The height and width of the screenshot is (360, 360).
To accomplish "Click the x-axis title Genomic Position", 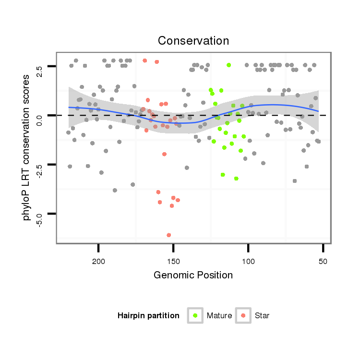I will coord(193,275).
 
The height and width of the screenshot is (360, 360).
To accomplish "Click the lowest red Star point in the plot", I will coord(169,235).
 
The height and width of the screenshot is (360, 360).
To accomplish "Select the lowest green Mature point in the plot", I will coord(236,179).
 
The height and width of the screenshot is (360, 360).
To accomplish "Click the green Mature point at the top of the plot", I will coord(229,65).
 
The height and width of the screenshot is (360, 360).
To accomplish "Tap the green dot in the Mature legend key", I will coord(195,315).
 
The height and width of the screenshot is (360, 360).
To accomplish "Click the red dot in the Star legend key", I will coord(243,315).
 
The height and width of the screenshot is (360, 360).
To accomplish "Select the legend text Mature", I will coord(219,315).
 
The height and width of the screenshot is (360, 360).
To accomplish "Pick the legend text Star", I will coord(263,315).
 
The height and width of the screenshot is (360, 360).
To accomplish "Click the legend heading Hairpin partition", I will coord(148,315).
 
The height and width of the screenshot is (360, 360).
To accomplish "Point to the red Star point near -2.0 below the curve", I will coord(164,154).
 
